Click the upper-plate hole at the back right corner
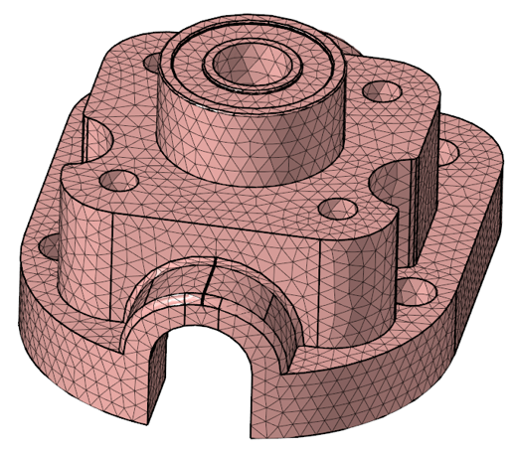pos(381,91)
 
